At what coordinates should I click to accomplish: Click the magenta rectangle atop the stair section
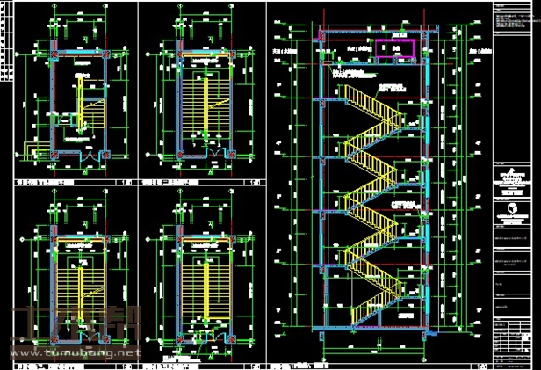(394, 50)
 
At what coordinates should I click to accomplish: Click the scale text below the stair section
(480, 364)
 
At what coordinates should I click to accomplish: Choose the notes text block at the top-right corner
(513, 22)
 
